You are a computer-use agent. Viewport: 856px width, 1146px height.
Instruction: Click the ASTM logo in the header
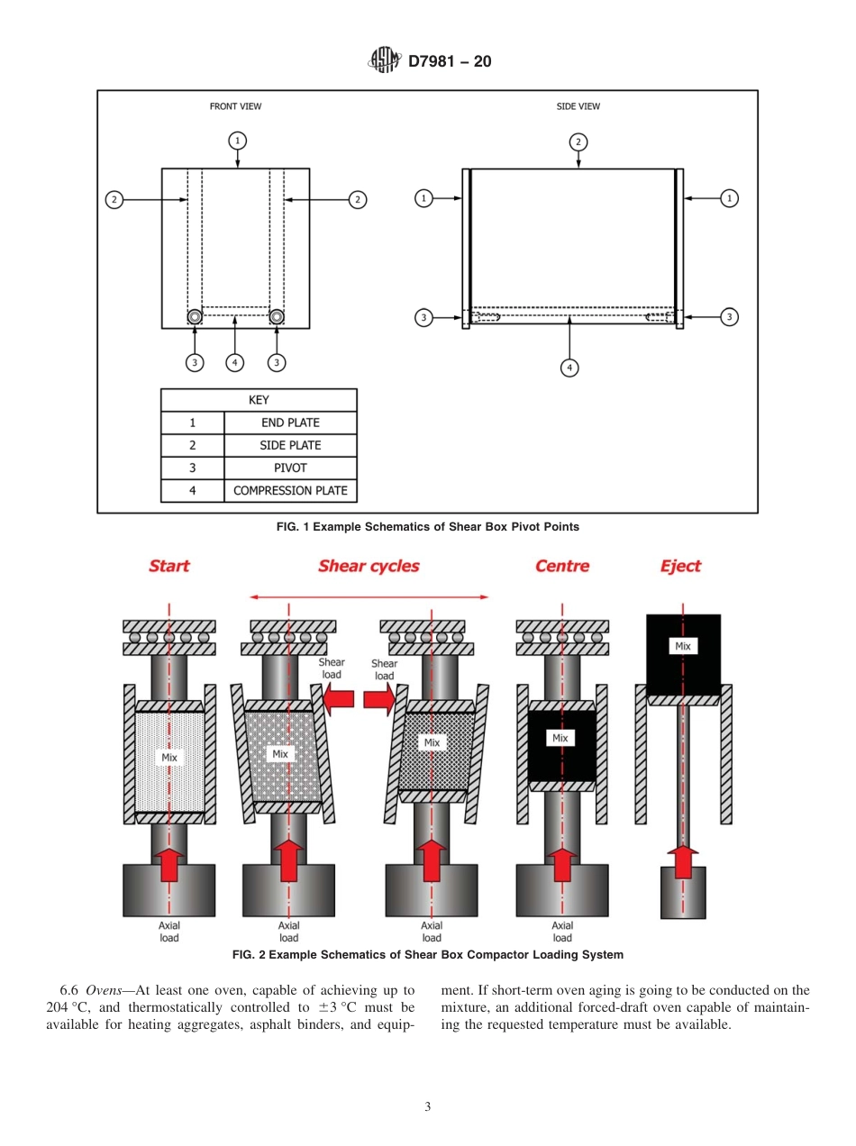click(383, 61)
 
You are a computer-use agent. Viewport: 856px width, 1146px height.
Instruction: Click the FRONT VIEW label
click(235, 106)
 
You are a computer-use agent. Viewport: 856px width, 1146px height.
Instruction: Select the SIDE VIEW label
click(578, 106)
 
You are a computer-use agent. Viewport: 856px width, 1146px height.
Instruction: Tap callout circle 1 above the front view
click(237, 141)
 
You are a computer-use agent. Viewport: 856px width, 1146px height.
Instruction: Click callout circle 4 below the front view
click(234, 362)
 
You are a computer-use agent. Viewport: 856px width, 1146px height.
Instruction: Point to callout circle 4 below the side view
click(569, 367)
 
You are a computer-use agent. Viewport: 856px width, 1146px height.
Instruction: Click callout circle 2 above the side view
click(578, 141)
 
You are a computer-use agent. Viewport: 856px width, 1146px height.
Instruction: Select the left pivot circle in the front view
click(195, 316)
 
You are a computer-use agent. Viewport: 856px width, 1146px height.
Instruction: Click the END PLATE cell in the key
click(290, 423)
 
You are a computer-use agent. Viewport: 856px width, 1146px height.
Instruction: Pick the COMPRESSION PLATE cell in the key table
click(290, 491)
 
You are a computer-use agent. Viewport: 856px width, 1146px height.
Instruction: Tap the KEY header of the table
click(259, 400)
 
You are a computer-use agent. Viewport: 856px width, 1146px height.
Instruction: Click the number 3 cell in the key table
click(192, 468)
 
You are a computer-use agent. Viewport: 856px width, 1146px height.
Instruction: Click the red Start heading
click(169, 566)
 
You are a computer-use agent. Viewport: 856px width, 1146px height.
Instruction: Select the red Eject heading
click(680, 566)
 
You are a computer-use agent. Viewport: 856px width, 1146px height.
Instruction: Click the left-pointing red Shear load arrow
click(338, 698)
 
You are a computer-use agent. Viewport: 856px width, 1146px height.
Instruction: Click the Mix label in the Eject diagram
click(683, 646)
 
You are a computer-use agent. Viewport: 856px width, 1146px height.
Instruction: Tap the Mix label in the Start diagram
click(169, 758)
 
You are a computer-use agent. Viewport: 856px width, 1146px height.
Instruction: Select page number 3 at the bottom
click(428, 1107)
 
